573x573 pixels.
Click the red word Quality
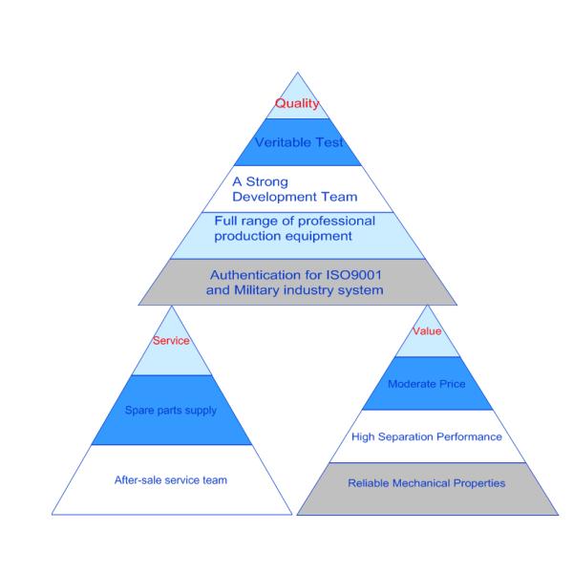tap(296, 104)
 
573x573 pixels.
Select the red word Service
tap(172, 341)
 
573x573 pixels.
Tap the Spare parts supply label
tap(172, 411)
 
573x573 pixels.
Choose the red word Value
tap(427, 331)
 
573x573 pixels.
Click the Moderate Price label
tap(426, 384)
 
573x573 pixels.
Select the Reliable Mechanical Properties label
tap(426, 483)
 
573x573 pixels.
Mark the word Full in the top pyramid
tap(226, 221)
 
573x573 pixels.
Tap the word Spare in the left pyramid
tap(139, 411)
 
